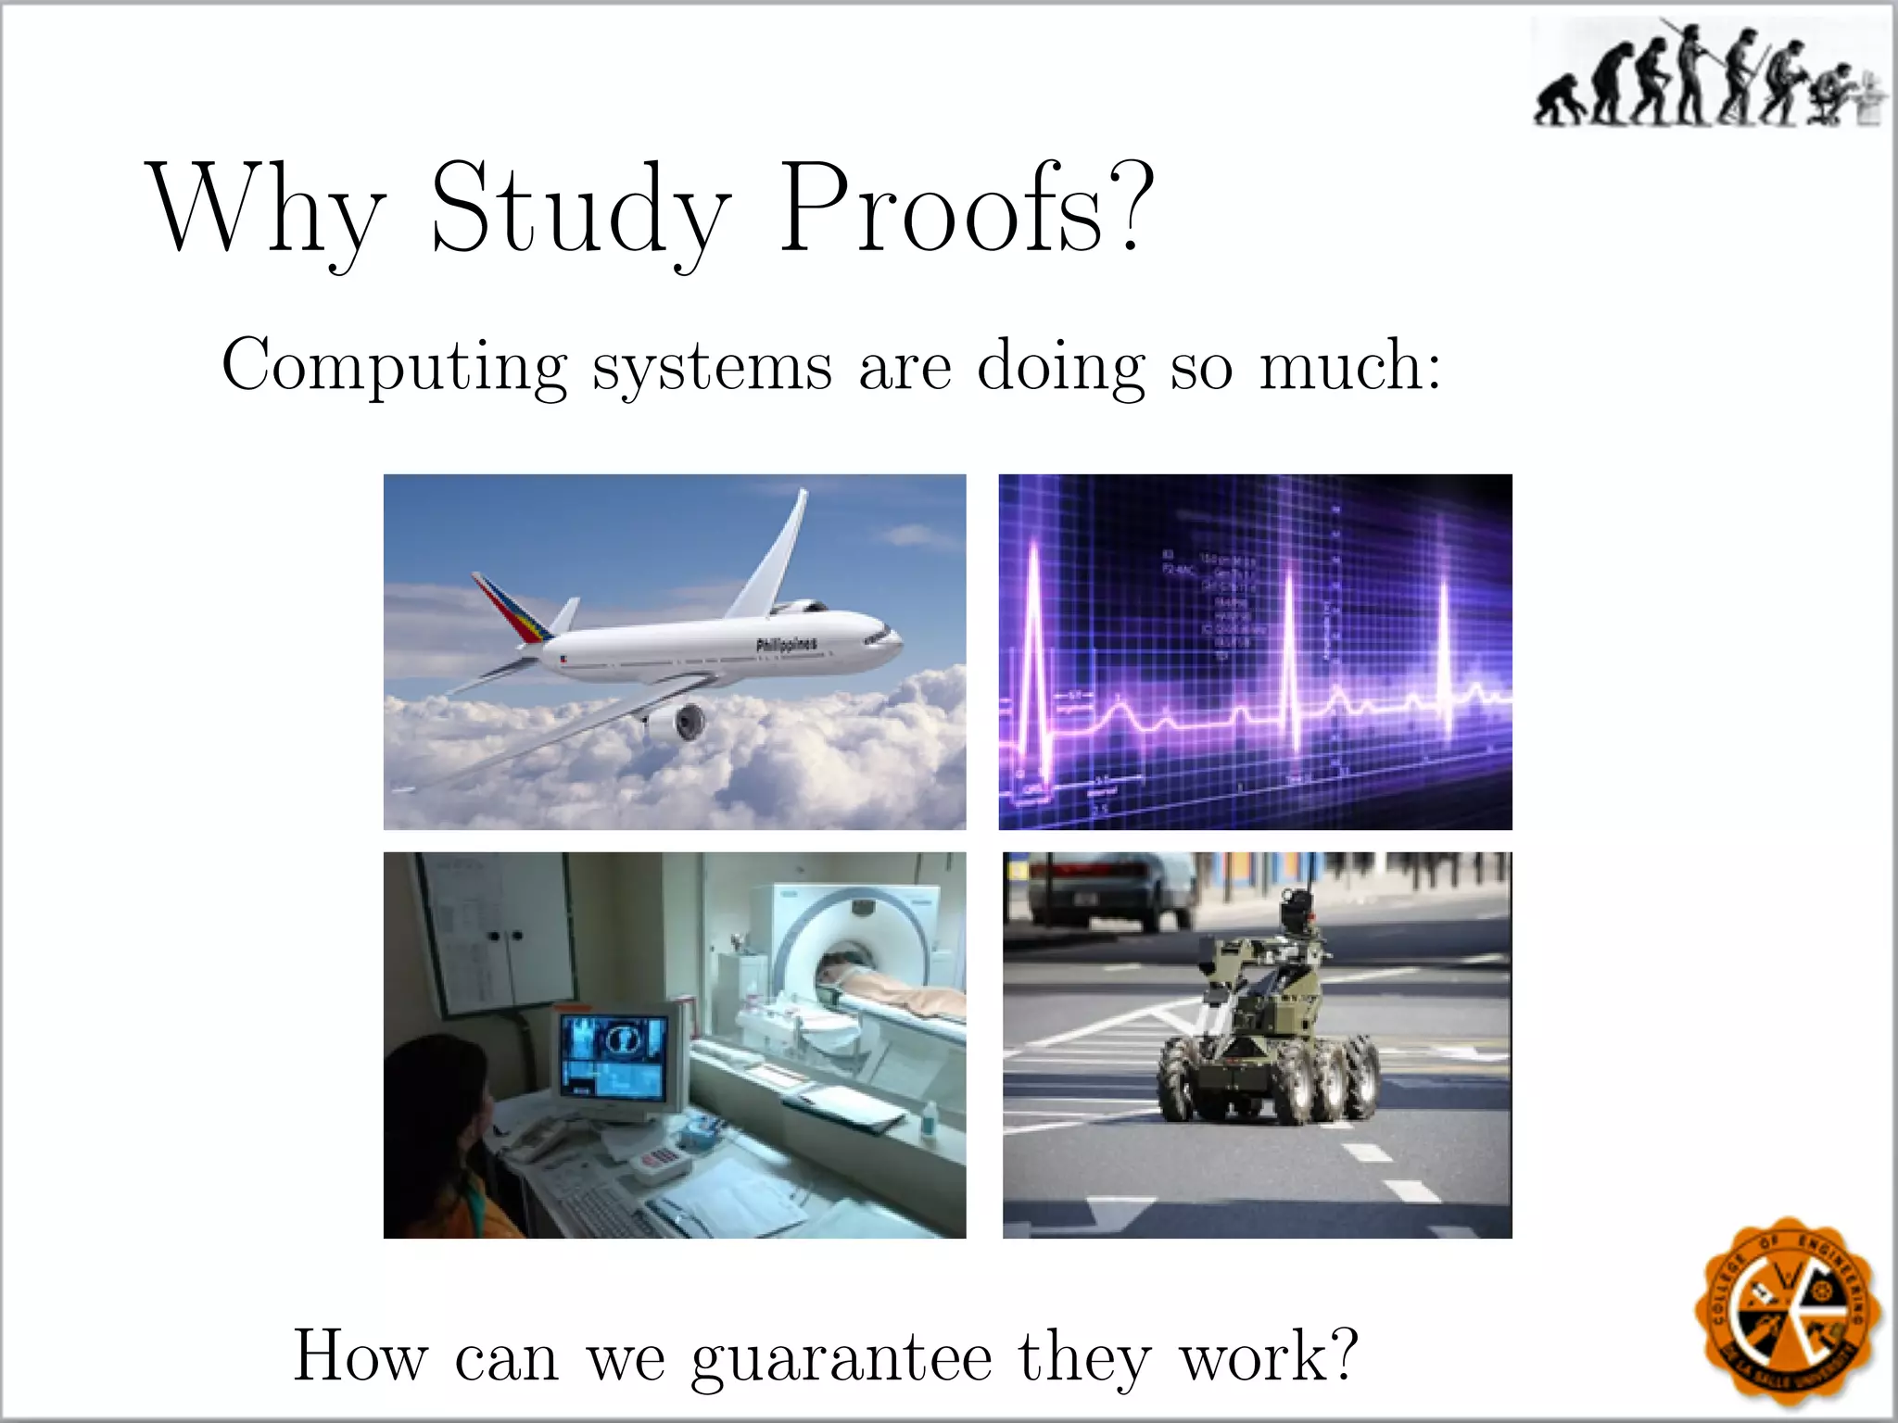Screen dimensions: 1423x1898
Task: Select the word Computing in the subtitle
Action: click(x=395, y=367)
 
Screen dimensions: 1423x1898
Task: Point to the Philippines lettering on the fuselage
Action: click(x=787, y=645)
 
